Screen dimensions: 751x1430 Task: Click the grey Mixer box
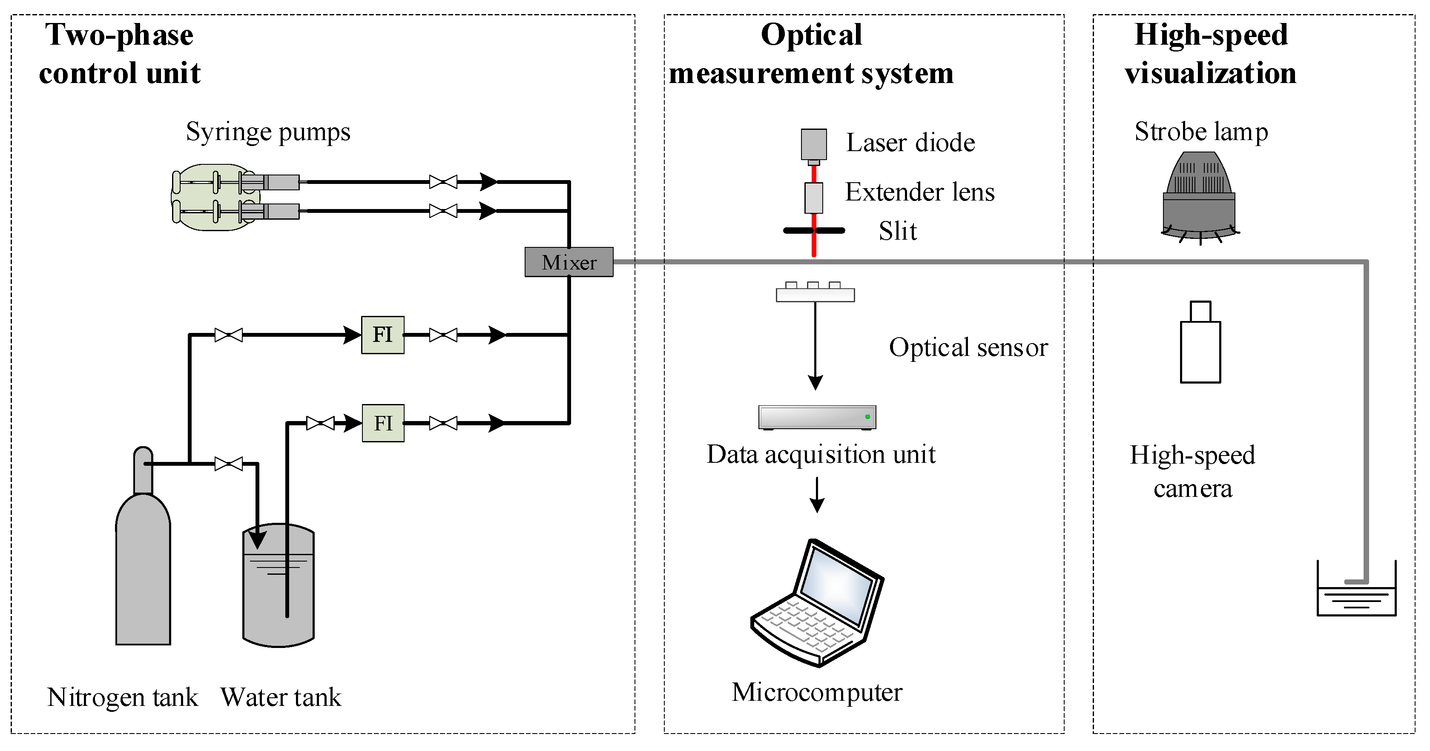tap(569, 262)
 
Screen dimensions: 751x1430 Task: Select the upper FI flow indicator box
tap(382, 335)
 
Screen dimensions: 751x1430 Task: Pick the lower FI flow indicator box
tap(383, 423)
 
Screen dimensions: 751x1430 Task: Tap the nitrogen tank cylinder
tap(143, 572)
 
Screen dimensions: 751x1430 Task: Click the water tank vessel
tap(278, 588)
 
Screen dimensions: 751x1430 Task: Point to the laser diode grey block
tap(813, 144)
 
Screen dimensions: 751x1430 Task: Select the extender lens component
tap(813, 198)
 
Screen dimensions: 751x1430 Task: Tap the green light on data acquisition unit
tap(867, 416)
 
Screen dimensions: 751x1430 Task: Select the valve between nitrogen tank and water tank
tap(228, 464)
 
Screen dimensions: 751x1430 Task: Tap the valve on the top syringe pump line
tap(443, 181)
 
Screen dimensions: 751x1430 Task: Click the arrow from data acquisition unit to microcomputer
tap(817, 495)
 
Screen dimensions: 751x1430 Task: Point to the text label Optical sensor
tap(968, 347)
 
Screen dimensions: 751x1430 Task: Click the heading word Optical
tap(811, 35)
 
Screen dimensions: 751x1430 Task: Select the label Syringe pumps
tap(268, 132)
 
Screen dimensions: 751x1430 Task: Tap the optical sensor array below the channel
tap(815, 292)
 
